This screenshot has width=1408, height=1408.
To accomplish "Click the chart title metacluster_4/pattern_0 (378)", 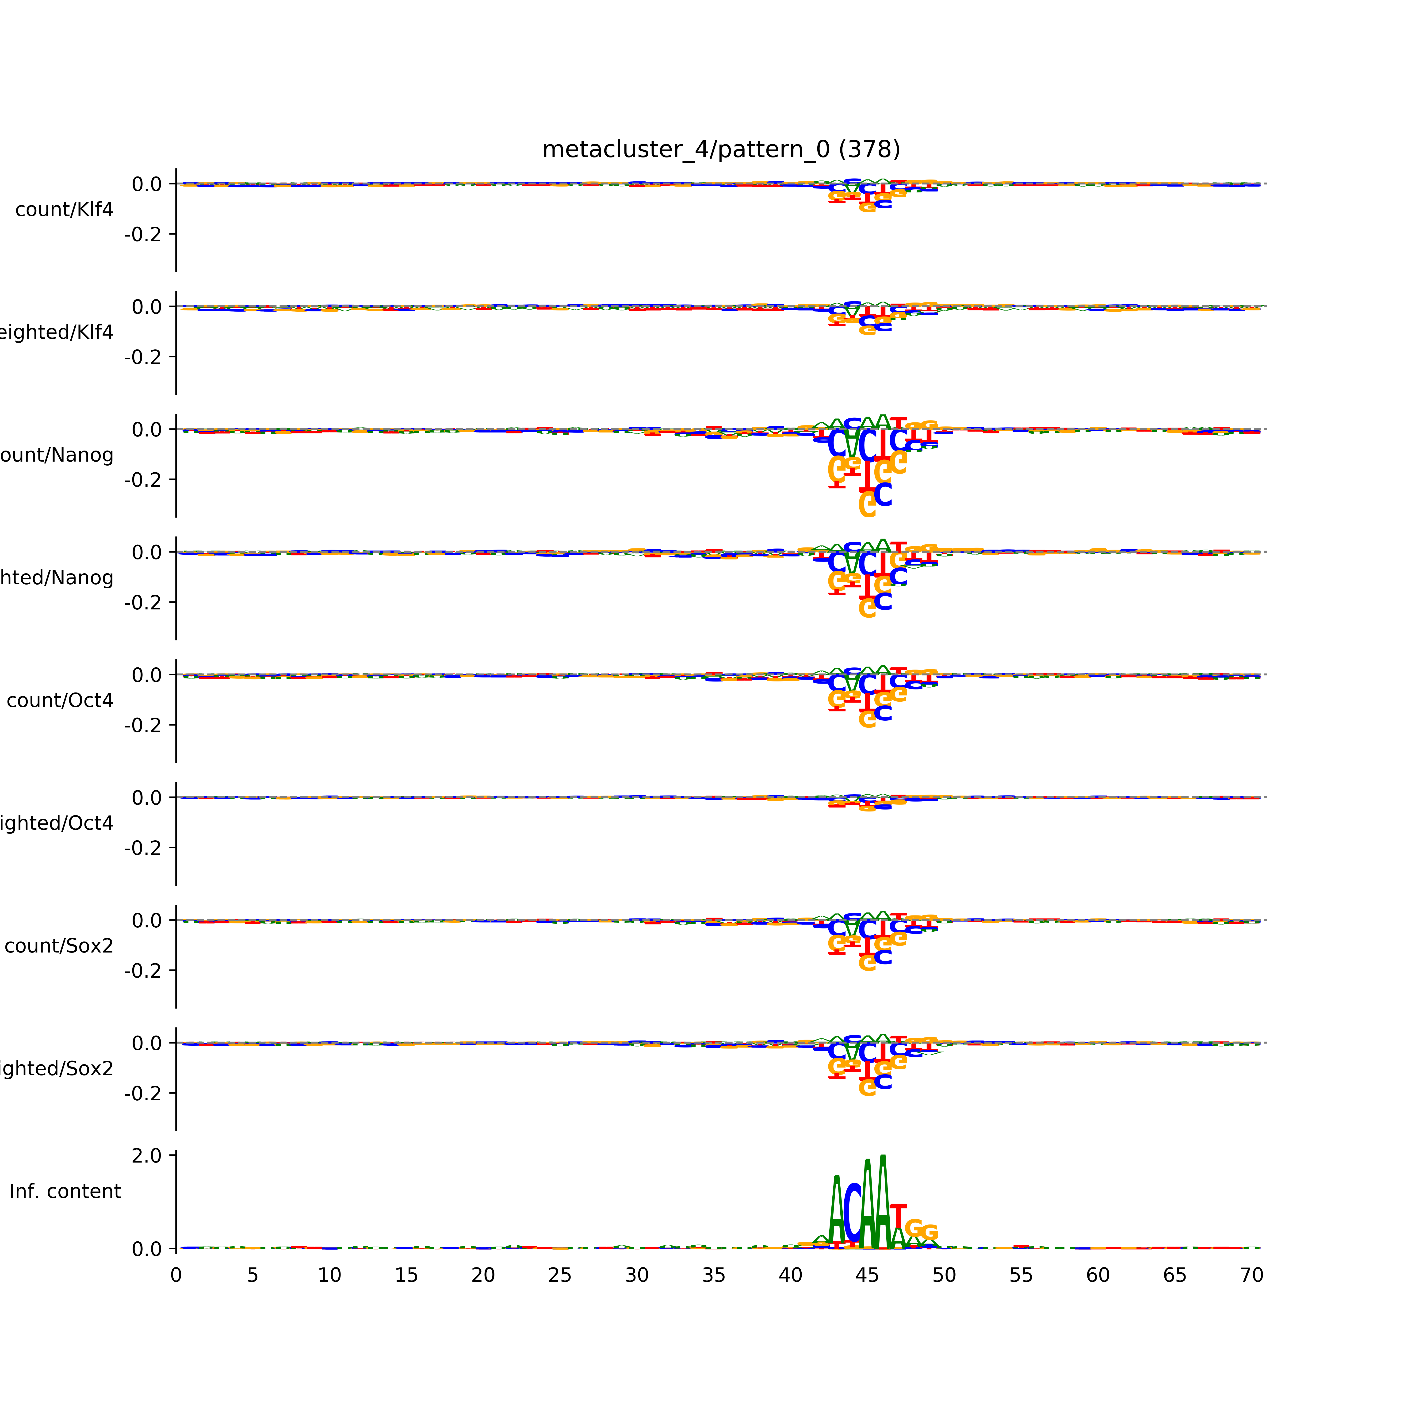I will click(x=721, y=149).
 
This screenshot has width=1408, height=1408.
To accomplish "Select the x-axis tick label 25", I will click(x=560, y=1275).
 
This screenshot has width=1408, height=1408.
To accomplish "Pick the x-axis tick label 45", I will click(x=867, y=1275).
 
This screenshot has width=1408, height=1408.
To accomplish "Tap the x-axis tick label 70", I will click(x=1251, y=1275).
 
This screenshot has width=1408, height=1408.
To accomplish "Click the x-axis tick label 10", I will click(x=329, y=1275).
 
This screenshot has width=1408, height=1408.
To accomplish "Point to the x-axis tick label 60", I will click(x=1098, y=1275).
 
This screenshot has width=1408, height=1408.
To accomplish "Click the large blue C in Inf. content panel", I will click(x=852, y=1213).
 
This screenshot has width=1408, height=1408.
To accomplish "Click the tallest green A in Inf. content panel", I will click(x=883, y=1202).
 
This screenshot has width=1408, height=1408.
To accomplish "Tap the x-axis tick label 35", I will click(x=713, y=1275).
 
